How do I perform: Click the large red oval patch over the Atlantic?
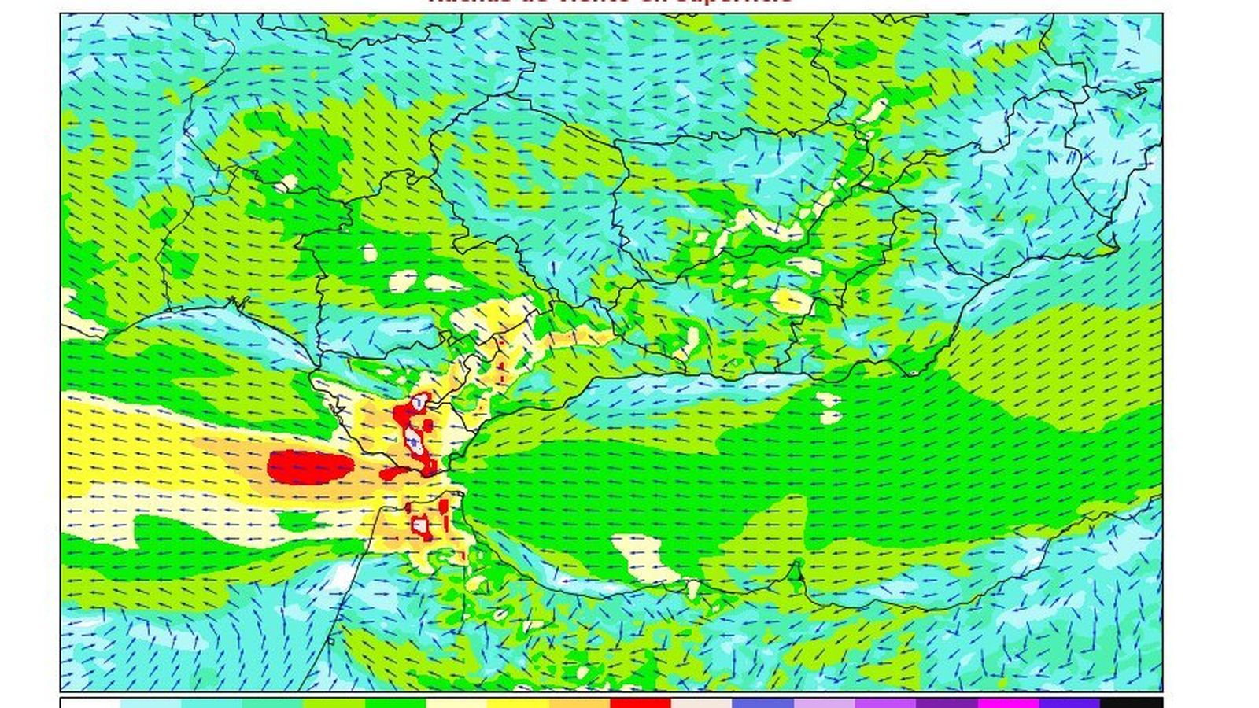tap(309, 466)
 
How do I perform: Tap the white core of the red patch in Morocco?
tap(422, 523)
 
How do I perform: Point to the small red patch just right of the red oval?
tap(393, 474)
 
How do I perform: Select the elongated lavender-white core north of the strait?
tap(414, 439)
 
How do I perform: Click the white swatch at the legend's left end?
tap(90, 702)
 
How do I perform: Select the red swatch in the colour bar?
tap(641, 702)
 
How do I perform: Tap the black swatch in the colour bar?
tap(1131, 702)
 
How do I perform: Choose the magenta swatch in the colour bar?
tap(1008, 702)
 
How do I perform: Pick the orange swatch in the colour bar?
tap(579, 702)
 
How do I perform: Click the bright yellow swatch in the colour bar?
tap(518, 702)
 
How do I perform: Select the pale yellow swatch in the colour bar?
tap(456, 702)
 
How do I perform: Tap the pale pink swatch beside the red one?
tap(702, 702)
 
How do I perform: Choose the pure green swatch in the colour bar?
tap(395, 702)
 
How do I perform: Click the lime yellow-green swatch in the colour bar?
tap(334, 702)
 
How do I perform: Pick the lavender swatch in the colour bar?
tap(825, 702)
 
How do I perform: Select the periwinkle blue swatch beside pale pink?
tap(763, 702)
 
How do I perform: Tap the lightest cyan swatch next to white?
tap(151, 702)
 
